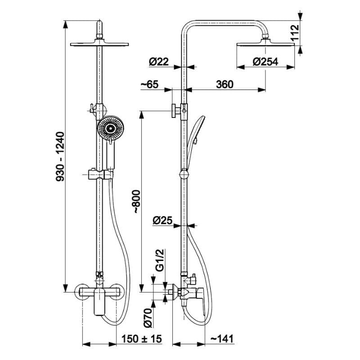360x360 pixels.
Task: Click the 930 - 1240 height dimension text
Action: [x=60, y=156]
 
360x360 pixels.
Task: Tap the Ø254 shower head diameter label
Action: [x=265, y=62]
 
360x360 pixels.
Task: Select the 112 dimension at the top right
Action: [x=295, y=32]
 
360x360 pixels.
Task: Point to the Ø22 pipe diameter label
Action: [x=159, y=62]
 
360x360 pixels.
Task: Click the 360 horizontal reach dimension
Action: [x=225, y=84]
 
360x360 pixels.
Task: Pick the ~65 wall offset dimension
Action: [x=149, y=84]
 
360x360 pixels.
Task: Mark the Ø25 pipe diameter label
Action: [x=162, y=220]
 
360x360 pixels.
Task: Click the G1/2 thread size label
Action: [x=160, y=260]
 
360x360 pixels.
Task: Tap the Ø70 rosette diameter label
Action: [x=148, y=318]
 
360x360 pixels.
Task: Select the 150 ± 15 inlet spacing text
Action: [x=141, y=339]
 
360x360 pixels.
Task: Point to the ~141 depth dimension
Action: [x=222, y=339]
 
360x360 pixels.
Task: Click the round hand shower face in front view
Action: [x=111, y=128]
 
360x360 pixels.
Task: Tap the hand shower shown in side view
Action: [x=195, y=142]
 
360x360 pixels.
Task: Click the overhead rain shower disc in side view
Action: [x=265, y=44]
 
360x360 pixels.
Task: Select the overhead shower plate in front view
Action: [x=99, y=44]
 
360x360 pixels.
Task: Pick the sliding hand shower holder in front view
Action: [x=100, y=175]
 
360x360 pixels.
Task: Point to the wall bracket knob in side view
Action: [x=176, y=111]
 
